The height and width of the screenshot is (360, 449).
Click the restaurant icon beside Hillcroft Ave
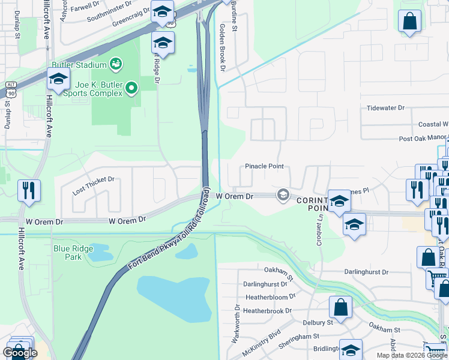point(29,190)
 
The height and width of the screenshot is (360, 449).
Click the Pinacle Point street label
point(264,166)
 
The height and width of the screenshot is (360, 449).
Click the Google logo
point(20,353)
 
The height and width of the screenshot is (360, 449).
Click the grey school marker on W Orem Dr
point(283,195)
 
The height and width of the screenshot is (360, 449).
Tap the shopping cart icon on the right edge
point(438,278)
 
